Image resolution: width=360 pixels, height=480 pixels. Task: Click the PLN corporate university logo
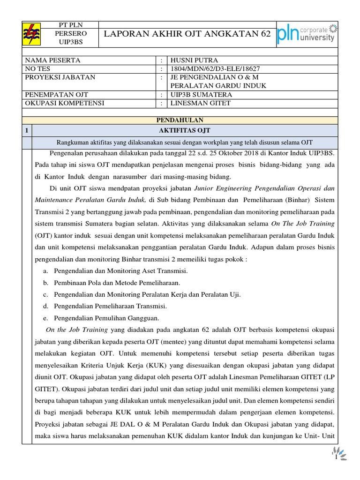click(306, 33)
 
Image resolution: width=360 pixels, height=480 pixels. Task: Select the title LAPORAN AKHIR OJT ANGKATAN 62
click(187, 33)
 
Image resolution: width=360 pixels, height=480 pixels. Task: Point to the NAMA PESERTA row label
click(52, 60)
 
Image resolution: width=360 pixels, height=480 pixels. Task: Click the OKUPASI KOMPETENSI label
click(65, 103)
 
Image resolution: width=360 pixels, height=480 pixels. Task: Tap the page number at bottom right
click(337, 457)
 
